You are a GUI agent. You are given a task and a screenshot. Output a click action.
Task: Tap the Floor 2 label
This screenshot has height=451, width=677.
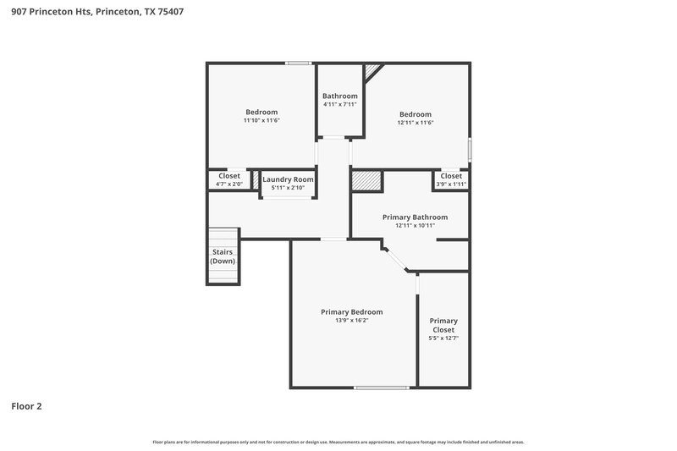click(26, 406)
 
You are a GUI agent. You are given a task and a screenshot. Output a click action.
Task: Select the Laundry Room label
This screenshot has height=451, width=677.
click(288, 179)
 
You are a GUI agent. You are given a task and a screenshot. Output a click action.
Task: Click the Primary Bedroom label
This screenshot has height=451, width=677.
click(351, 311)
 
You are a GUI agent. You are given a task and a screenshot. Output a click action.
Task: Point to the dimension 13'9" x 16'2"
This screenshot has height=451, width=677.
click(351, 321)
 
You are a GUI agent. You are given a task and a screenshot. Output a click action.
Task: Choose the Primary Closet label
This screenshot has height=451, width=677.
click(443, 325)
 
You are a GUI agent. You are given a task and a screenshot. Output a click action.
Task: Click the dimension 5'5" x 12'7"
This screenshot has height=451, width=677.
click(443, 338)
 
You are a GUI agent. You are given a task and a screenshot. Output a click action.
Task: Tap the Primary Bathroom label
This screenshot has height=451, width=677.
click(415, 217)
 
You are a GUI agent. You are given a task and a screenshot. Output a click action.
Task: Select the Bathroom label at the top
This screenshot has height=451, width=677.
click(340, 96)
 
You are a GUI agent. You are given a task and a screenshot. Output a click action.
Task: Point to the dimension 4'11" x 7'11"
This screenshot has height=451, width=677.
click(340, 105)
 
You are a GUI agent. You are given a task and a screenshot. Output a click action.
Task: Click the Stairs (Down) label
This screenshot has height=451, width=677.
click(223, 256)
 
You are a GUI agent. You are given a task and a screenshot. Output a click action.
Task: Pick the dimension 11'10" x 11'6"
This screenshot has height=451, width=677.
click(261, 121)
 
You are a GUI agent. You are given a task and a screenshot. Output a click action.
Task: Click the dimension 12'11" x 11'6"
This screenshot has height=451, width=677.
click(416, 124)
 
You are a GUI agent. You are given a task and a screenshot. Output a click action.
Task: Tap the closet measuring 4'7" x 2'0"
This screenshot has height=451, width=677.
click(228, 179)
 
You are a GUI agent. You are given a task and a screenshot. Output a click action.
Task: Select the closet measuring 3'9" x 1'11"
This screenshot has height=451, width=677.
click(451, 179)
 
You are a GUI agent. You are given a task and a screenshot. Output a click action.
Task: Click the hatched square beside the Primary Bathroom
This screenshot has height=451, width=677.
click(366, 181)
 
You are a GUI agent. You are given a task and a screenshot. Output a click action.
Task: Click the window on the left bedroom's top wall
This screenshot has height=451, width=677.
click(298, 63)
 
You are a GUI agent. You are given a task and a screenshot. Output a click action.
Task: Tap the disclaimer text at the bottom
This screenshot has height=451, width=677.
click(338, 442)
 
